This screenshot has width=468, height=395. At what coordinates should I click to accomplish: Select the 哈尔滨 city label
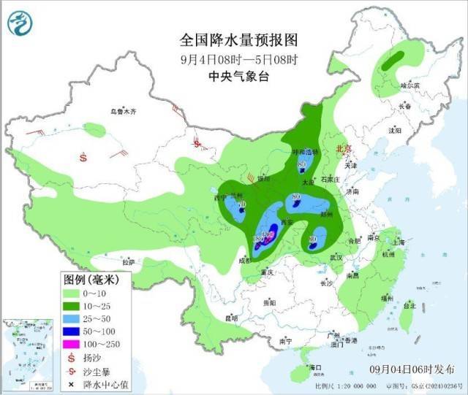coord(410,85)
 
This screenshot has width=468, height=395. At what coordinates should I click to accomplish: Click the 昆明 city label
coord(232,318)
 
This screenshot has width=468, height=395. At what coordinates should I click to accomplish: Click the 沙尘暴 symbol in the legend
coord(72,370)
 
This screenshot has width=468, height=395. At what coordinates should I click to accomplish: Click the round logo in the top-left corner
coord(21,23)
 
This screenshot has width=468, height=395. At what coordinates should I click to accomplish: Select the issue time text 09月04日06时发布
coord(412,370)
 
